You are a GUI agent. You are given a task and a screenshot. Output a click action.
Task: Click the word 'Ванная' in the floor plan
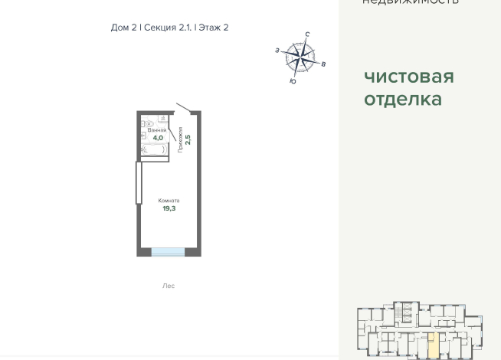point(157,130)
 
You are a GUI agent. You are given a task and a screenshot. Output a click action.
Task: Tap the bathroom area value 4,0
point(158,138)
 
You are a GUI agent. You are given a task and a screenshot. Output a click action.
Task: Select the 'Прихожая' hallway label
point(180,139)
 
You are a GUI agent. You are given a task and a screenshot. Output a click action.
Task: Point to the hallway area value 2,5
point(188,140)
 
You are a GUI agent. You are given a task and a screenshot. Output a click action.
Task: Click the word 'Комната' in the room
point(169,201)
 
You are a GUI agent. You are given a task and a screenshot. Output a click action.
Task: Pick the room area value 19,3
point(169,208)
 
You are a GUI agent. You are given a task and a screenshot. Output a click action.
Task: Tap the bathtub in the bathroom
point(155,150)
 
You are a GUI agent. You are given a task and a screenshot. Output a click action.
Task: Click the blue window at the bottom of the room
point(168,252)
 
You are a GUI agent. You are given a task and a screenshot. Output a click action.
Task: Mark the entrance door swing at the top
point(186,107)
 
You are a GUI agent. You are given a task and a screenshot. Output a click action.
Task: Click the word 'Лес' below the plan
point(169,286)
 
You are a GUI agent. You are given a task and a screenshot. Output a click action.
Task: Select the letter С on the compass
point(307,34)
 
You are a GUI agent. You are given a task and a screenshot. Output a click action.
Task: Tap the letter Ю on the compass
point(293,81)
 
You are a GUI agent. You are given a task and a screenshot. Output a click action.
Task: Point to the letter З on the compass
point(277,51)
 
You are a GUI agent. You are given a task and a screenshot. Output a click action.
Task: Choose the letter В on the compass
point(323,64)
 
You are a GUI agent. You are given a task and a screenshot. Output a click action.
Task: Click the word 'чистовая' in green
point(408,77)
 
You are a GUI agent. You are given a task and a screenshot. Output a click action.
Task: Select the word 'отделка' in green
point(403,99)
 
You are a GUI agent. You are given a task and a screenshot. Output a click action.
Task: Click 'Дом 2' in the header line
point(123,28)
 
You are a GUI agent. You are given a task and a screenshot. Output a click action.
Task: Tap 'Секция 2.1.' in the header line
point(167,28)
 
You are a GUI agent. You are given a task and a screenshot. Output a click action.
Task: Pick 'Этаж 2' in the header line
point(214,28)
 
